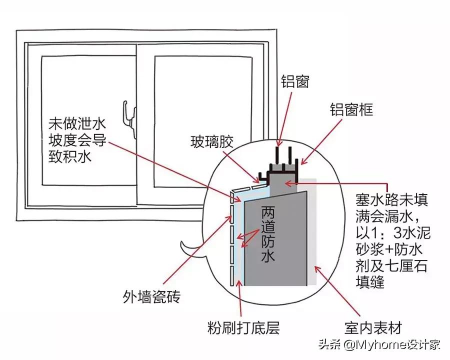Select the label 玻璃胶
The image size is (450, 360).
point(212,141)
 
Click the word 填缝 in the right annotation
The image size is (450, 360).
point(369,282)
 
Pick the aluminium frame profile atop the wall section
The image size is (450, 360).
point(283,170)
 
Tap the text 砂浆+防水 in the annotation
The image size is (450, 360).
point(392,249)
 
